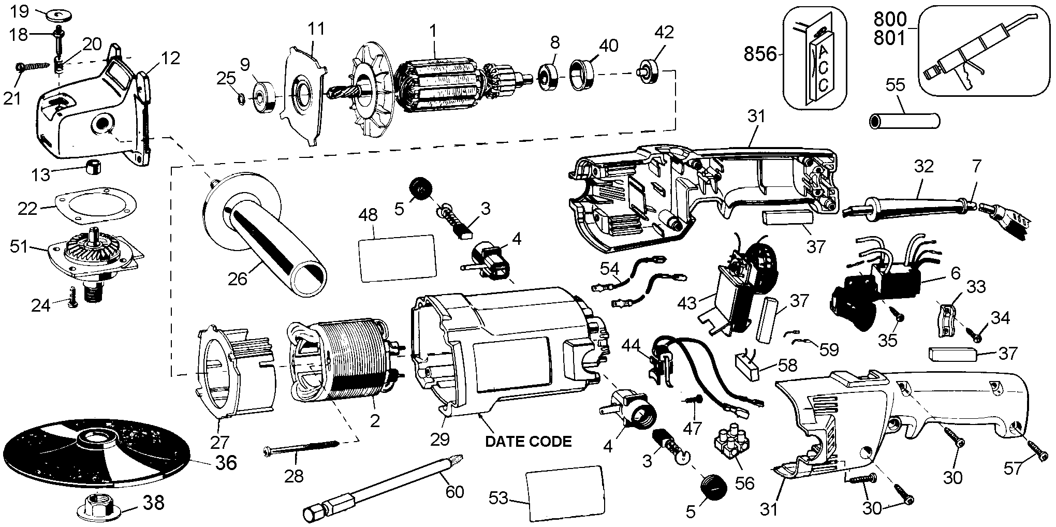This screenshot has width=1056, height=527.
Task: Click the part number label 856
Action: point(760,53)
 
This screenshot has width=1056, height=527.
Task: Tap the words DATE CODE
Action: point(528,442)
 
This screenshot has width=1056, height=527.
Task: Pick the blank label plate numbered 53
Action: point(565,495)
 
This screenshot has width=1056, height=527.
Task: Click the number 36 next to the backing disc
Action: point(226,462)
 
